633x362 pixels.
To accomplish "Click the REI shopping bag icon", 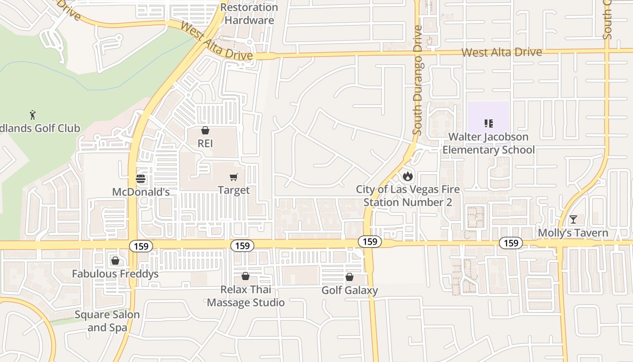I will tap(205, 131).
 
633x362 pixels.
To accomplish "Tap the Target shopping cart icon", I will tap(234, 177).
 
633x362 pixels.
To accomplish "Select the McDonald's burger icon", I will tap(141, 179).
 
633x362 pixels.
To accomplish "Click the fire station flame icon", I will tap(408, 176).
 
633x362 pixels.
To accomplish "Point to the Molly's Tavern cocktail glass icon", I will tap(573, 220).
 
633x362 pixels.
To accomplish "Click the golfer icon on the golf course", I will tap(33, 114).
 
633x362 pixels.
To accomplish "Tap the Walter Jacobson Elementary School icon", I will tap(488, 123).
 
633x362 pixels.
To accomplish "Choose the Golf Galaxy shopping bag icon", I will tap(350, 277).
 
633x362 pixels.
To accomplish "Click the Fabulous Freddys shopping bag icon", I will tap(115, 261).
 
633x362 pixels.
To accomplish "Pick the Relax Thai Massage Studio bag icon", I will tap(246, 276).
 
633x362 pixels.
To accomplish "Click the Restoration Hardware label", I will tap(249, 14).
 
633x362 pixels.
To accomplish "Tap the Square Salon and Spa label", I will tap(107, 321).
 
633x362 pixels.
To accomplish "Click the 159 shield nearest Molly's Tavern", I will tap(511, 243).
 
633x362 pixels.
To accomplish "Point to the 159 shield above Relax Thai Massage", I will tap(242, 246).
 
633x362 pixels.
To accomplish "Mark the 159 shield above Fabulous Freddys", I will tap(141, 246).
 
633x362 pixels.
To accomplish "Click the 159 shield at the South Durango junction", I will tap(370, 242).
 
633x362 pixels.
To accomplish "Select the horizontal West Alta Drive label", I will tap(501, 52).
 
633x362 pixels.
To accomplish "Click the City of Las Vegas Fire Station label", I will tap(408, 195).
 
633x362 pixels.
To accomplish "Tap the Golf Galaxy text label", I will tap(350, 290).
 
